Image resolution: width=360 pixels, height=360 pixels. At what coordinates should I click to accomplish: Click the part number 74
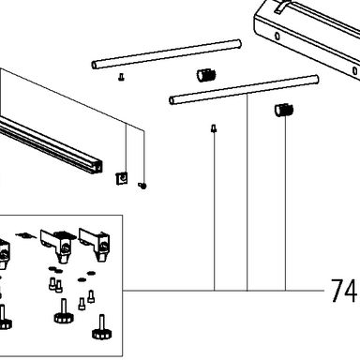click(343, 291)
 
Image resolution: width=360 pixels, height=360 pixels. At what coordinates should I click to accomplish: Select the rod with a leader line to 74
click(244, 90)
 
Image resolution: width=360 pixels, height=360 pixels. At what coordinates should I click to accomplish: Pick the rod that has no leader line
click(166, 53)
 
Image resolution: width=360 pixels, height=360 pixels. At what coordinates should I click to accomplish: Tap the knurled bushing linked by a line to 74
click(284, 110)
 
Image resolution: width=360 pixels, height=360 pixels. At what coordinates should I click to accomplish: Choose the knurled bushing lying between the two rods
click(206, 75)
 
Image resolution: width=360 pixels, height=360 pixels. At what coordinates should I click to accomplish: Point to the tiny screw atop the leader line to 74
click(214, 128)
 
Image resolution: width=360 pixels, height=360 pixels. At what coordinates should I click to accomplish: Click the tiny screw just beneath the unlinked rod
click(121, 77)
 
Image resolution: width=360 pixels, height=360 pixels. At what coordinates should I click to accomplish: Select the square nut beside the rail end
click(122, 178)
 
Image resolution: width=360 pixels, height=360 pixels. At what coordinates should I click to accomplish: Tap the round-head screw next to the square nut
click(142, 186)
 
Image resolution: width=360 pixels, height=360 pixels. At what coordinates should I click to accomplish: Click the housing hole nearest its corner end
click(277, 36)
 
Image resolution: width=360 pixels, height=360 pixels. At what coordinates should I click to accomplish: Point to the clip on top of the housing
click(281, 7)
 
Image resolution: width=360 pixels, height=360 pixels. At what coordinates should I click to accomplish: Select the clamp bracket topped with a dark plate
click(58, 246)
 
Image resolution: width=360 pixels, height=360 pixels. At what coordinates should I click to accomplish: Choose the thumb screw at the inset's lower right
click(101, 328)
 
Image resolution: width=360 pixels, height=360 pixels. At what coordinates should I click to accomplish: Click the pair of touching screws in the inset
click(55, 285)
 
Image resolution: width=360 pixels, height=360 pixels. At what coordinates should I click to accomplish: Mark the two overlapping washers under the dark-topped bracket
click(55, 269)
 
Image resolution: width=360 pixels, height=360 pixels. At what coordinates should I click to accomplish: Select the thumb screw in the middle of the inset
click(64, 311)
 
